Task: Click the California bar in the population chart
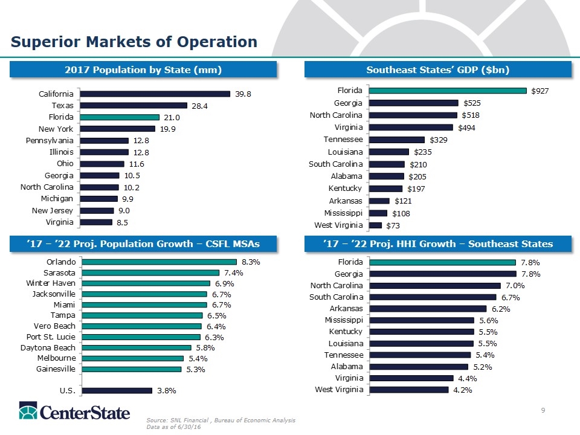pyautogui.click(x=155, y=94)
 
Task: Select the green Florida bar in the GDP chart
pyautogui.click(x=448, y=91)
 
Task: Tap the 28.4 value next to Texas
pyautogui.click(x=200, y=106)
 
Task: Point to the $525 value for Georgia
pyautogui.click(x=472, y=103)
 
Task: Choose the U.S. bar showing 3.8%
pyautogui.click(x=117, y=390)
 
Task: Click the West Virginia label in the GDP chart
pyautogui.click(x=340, y=225)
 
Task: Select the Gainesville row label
pyautogui.click(x=56, y=369)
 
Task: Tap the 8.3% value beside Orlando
pyautogui.click(x=251, y=262)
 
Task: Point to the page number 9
pyautogui.click(x=543, y=411)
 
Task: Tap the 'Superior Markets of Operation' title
pyautogui.click(x=134, y=42)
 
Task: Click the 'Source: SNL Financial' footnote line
pyautogui.click(x=220, y=420)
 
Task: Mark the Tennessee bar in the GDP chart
pyautogui.click(x=397, y=140)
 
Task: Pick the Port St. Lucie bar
pyautogui.click(x=141, y=337)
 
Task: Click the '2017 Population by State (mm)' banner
pyautogui.click(x=143, y=70)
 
